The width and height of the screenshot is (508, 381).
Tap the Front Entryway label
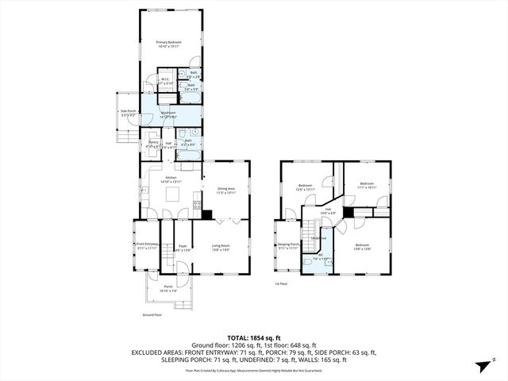point(147,246)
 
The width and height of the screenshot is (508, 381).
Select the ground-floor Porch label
point(167,289)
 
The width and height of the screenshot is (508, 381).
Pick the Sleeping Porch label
point(288,246)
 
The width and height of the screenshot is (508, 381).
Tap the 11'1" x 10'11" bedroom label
point(366,186)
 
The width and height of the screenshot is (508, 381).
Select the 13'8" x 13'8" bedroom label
point(362,247)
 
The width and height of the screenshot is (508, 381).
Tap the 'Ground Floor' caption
point(152,315)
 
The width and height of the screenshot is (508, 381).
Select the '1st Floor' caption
point(280,283)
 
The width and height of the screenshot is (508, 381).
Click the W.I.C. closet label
point(165,80)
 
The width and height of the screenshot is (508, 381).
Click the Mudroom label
point(168,114)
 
